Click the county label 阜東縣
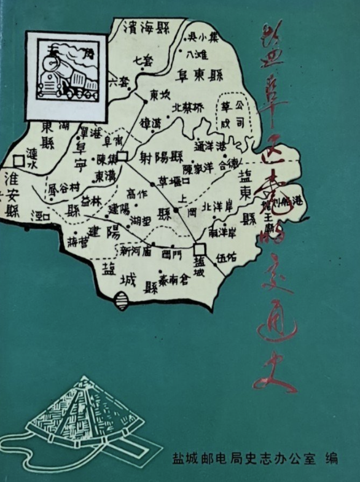pos(201,75)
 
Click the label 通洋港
pos(210,146)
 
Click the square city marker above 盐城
pos(198,249)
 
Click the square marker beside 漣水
pos(19,161)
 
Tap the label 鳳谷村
pos(64,187)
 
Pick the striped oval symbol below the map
pos(122,301)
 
